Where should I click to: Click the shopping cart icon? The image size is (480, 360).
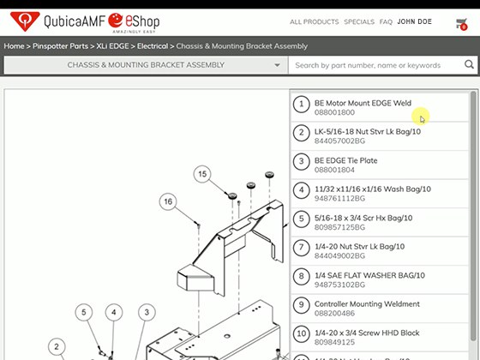pos(461,24)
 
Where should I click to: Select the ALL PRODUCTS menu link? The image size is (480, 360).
pos(314,22)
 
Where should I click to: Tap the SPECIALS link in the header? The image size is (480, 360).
pos(359,22)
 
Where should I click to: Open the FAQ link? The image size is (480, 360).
pos(386,22)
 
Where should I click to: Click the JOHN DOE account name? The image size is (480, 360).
pos(415,21)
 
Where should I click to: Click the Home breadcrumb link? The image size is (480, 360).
pos(14,46)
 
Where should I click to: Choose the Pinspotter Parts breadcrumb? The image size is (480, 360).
pos(60,46)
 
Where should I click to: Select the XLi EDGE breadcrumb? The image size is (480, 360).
pos(112,46)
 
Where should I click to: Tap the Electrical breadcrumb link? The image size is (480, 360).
pos(153,46)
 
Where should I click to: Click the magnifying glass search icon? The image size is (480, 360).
pos(469,64)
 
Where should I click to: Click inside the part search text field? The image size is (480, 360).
pos(375,65)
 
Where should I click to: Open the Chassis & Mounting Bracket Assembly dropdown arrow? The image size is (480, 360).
pos(277,65)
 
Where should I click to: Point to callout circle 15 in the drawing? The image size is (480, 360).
pos(202,174)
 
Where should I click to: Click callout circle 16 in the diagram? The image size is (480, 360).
pos(168,201)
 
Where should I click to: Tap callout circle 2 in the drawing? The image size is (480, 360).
pos(57,347)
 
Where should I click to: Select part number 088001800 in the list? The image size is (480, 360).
pos(334,112)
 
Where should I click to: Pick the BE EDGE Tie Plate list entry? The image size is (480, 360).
pos(346,161)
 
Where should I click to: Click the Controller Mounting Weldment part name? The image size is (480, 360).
pos(367,304)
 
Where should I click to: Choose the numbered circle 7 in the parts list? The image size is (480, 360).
pos(301,248)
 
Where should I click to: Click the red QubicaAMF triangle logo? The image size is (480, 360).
pos(25,21)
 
